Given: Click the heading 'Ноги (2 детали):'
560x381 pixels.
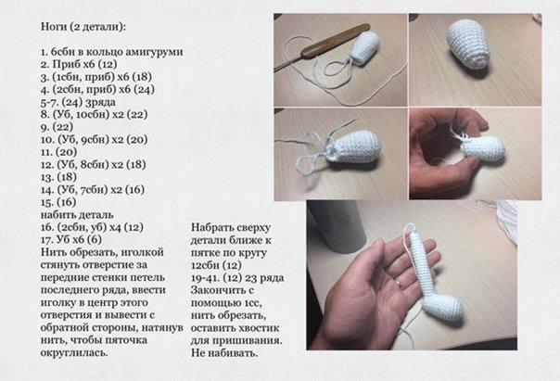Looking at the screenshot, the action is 83,27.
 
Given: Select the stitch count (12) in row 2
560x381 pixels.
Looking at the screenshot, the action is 108,64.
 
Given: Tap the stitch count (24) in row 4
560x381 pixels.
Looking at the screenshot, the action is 145,89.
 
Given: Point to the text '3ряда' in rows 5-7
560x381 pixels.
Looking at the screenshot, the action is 101,102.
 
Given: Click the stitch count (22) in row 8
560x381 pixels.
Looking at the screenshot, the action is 137,115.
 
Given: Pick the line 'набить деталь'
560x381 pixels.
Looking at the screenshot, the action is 77,215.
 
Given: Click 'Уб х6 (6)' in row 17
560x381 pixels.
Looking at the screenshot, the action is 79,239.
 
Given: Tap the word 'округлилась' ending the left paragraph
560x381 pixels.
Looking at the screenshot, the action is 74,353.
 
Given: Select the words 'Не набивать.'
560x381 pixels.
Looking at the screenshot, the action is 224,353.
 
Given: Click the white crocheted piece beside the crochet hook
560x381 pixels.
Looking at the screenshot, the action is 364,48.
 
